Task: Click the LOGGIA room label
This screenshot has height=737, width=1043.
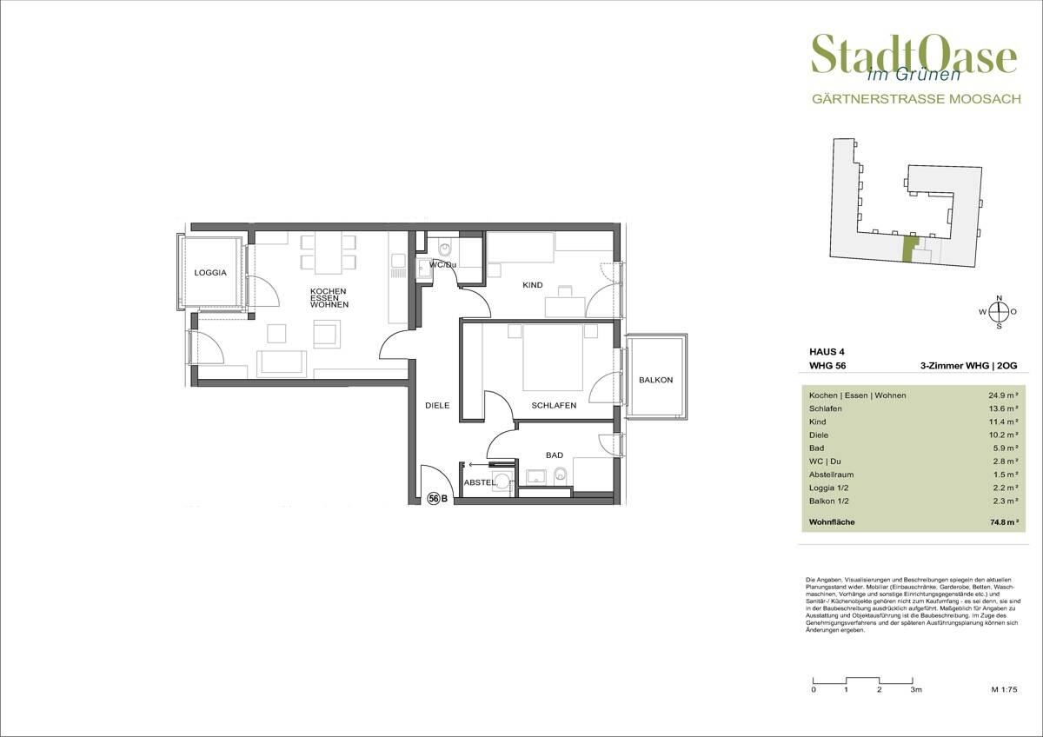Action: point(210,273)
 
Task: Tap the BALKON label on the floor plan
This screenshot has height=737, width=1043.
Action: point(655,380)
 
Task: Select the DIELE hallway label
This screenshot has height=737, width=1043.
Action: point(437,406)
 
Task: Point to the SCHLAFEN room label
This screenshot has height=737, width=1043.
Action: point(554,406)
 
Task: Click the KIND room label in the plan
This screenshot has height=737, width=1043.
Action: point(532,285)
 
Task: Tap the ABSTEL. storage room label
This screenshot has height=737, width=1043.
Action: point(480,483)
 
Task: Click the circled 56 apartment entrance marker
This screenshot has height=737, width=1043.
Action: point(434,499)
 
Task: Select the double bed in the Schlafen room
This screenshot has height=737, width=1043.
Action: point(553,357)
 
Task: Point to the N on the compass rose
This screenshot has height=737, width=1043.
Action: point(999,298)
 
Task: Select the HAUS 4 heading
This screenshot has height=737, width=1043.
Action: point(827,352)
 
